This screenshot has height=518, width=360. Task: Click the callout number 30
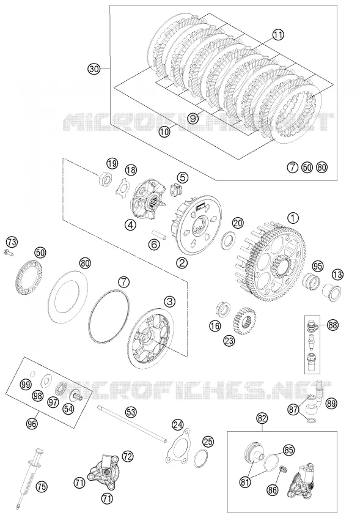tap(94, 68)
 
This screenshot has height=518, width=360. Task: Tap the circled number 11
tap(278, 35)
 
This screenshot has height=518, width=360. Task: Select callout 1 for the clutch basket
tap(293, 218)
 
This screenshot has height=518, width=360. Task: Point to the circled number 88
tap(332, 325)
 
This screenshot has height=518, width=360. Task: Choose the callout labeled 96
tap(32, 423)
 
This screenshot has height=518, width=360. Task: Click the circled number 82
tap(262, 418)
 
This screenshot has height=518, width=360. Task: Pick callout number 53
tap(131, 412)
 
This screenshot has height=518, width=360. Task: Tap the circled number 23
tap(229, 340)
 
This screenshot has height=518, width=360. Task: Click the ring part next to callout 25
tap(201, 459)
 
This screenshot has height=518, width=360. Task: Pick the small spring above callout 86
tap(283, 470)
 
